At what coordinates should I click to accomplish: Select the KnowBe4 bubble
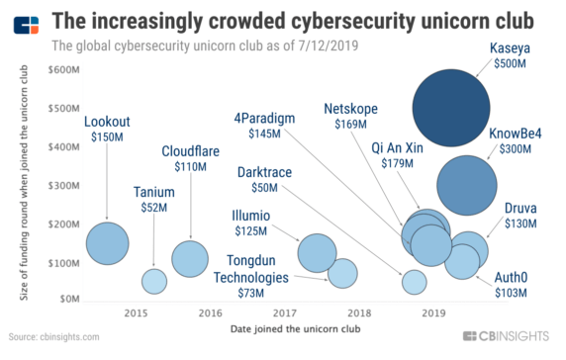466,185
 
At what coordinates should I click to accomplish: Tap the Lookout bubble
108,242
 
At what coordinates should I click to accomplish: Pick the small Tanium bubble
154,281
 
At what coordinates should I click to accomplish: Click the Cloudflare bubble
189,258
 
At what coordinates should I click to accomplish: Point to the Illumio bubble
318,253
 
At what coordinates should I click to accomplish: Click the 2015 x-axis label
136,313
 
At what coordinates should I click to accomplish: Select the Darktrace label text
264,172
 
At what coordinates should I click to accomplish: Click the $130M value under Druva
520,225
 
